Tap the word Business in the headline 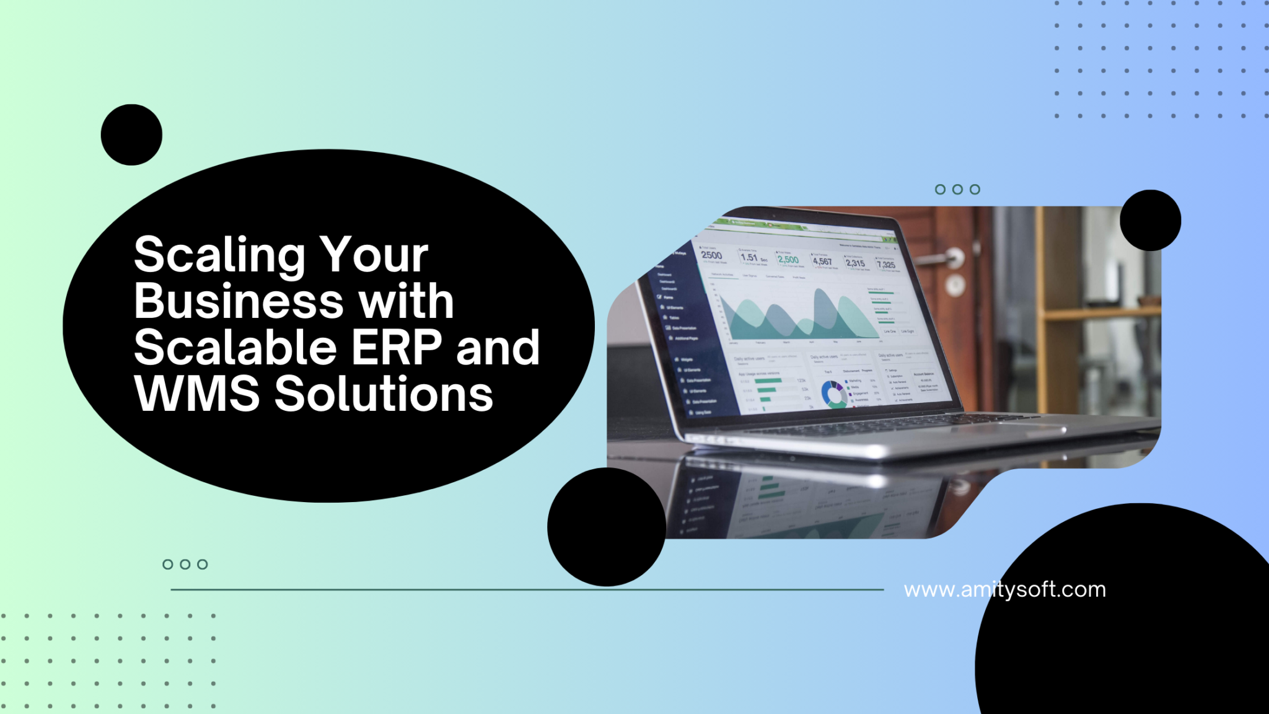click(239, 302)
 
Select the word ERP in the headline click(397, 348)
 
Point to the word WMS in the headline click(197, 394)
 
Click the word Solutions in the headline click(384, 394)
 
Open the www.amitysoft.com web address click(1004, 589)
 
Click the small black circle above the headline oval click(131, 134)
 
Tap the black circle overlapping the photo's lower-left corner click(607, 527)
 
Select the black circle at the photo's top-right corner click(1150, 220)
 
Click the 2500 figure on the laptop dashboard click(711, 255)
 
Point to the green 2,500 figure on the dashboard click(788, 260)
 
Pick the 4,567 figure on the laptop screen click(822, 262)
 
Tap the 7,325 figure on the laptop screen click(886, 265)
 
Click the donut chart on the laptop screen click(832, 394)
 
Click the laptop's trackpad click(1016, 428)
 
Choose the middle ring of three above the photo click(957, 189)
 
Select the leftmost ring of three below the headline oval click(167, 564)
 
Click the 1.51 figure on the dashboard click(749, 257)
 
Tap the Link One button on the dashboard click(890, 332)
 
